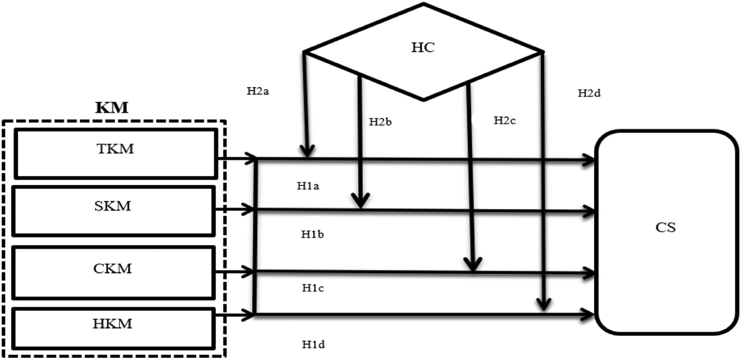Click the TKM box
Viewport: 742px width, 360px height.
(116, 154)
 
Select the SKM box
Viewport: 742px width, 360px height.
(113, 211)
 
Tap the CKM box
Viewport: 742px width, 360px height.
(113, 272)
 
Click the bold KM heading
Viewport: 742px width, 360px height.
(112, 108)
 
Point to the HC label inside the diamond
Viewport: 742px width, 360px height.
(423, 48)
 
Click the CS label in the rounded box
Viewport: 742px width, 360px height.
(665, 228)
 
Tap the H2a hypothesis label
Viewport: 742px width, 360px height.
(258, 91)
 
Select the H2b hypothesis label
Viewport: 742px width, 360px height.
(380, 122)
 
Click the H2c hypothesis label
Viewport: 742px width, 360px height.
(505, 120)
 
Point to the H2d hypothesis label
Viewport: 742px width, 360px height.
(589, 93)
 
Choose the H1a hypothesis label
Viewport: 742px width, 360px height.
(308, 186)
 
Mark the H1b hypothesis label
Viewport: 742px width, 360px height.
(312, 234)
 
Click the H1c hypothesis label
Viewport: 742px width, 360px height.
(313, 288)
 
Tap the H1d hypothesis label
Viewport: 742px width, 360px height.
(313, 345)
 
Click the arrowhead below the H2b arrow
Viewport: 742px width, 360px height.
(360, 201)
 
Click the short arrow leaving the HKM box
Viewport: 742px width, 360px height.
(234, 315)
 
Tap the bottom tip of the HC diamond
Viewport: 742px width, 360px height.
(424, 100)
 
